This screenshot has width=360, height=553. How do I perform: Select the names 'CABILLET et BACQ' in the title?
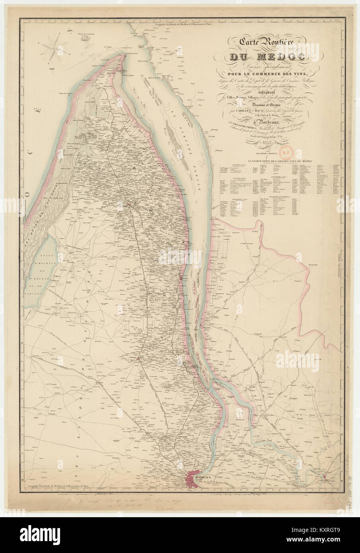click(x=249, y=111)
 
